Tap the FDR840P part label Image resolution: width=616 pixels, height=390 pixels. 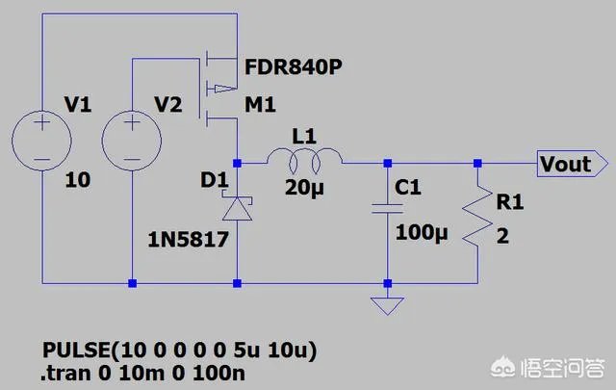[x=293, y=67]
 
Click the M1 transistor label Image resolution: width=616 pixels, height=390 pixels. [x=260, y=105]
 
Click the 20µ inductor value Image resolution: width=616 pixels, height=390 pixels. [x=304, y=187]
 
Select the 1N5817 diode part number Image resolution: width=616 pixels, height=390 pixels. [x=189, y=239]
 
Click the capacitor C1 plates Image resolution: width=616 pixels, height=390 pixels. [x=387, y=209]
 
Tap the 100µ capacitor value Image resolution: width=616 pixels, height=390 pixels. [x=422, y=232]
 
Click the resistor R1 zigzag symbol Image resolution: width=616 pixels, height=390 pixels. [x=477, y=217]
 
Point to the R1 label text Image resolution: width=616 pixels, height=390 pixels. [x=509, y=201]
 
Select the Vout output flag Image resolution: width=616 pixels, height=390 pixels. [x=573, y=163]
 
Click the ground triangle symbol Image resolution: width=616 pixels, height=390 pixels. [x=387, y=306]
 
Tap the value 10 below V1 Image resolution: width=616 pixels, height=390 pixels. [x=78, y=180]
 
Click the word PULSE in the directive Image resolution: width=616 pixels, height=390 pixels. [x=77, y=350]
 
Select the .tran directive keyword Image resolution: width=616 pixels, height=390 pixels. [x=65, y=373]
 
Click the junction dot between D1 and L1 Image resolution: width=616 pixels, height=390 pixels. [x=238, y=163]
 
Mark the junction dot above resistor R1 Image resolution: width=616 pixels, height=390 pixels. [x=477, y=163]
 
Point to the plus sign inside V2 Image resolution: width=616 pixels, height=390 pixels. [x=132, y=122]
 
